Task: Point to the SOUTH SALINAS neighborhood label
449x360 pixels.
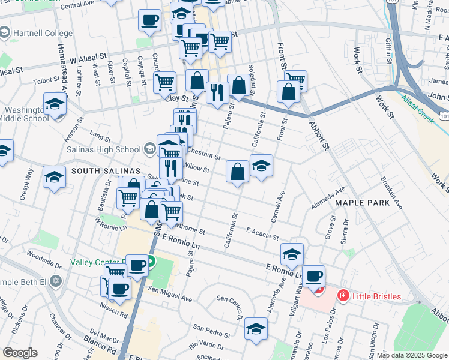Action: point(100,171)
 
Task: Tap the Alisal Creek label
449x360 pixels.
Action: point(418,103)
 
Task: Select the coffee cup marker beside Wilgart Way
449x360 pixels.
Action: point(313,277)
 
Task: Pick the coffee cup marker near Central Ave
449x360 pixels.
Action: point(149,20)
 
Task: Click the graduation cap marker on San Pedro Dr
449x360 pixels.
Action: point(256,329)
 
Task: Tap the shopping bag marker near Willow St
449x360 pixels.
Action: point(238,172)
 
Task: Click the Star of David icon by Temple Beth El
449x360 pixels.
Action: point(56,281)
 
